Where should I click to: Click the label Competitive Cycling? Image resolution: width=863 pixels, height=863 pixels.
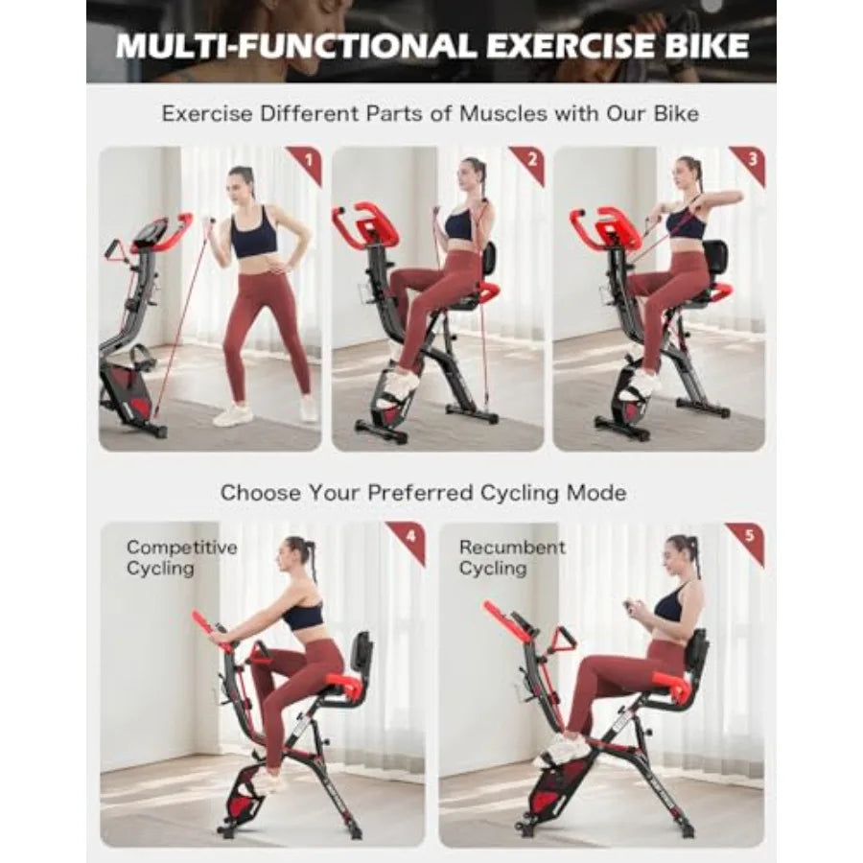(181, 558)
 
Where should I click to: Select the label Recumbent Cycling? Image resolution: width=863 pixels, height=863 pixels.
(512, 558)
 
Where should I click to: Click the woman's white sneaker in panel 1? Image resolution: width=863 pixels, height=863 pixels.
(232, 414)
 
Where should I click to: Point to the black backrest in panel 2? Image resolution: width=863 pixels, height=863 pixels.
(489, 258)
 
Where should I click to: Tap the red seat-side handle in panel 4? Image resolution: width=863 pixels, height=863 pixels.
(345, 685)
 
